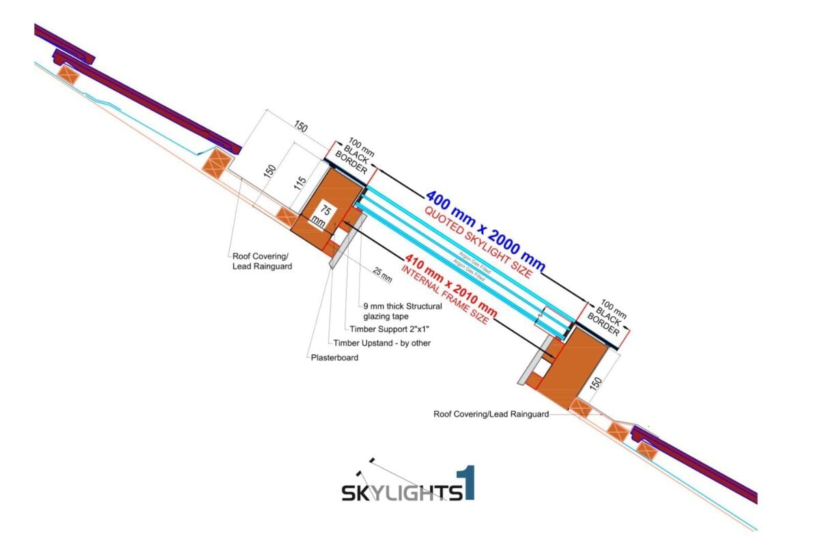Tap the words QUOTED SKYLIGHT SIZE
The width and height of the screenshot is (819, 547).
click(478, 241)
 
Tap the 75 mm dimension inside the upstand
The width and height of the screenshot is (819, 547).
click(321, 215)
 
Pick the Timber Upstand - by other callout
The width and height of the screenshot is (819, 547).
click(382, 343)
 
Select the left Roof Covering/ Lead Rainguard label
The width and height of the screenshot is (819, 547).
click(262, 261)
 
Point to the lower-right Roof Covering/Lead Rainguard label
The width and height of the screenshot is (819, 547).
click(491, 414)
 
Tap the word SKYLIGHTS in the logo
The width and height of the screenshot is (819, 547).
click(400, 492)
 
